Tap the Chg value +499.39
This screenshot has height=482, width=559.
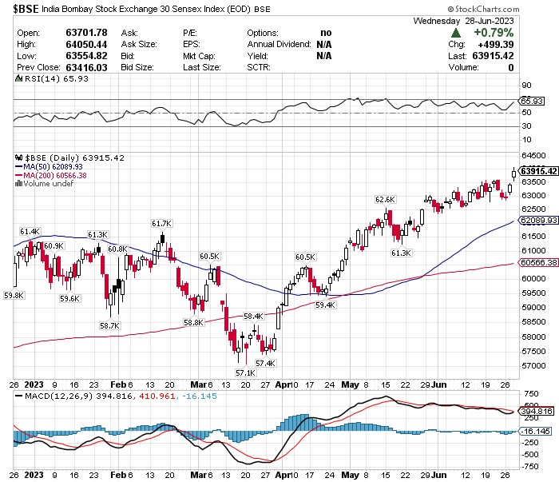click(x=493, y=45)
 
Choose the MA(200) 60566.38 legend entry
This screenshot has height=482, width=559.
click(x=56, y=175)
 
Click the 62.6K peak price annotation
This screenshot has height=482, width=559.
click(x=386, y=199)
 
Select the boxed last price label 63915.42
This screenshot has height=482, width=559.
click(x=538, y=170)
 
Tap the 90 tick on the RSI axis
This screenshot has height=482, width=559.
click(x=526, y=85)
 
